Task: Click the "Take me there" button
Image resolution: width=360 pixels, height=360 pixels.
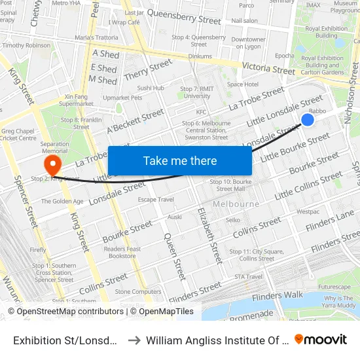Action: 179,161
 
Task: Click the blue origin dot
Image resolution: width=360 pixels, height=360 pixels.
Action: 307,119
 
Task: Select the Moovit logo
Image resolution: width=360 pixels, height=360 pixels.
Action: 321,339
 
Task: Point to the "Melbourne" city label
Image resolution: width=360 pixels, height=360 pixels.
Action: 235,204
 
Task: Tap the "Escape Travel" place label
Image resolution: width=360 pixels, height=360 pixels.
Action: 156,199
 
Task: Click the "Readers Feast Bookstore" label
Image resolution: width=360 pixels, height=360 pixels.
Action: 123,252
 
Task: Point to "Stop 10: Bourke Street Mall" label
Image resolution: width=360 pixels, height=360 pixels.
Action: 230,185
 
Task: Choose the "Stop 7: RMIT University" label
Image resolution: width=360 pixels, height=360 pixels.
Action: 196,92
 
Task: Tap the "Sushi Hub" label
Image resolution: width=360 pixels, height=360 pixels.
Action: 151,88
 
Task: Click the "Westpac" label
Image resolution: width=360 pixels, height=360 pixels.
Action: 308,211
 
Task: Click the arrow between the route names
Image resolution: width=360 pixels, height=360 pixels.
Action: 133,340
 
